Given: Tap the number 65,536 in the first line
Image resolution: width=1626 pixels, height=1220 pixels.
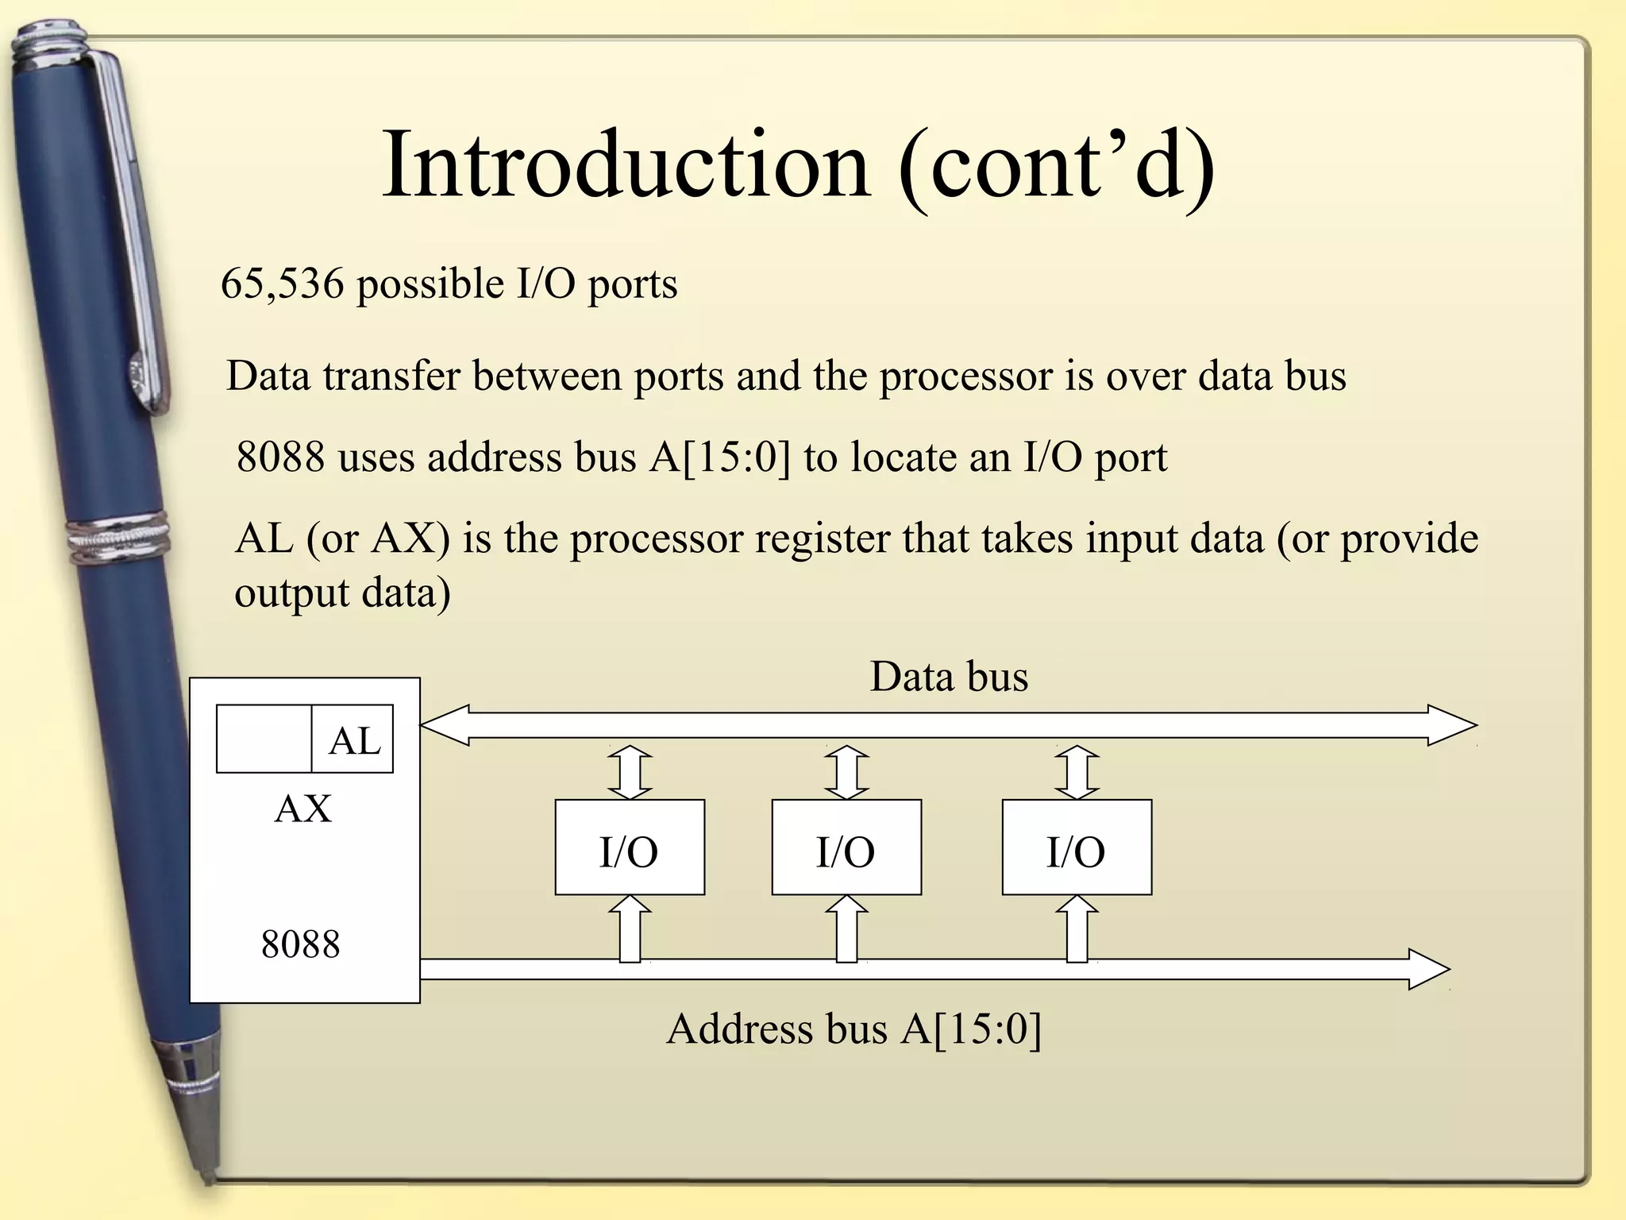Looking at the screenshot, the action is [x=282, y=284].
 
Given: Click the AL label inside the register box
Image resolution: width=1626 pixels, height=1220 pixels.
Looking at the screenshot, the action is [x=354, y=740].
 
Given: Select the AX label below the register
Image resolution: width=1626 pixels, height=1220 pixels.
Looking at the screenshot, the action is [x=302, y=809].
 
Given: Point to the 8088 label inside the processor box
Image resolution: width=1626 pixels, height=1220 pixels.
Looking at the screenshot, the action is [x=300, y=944].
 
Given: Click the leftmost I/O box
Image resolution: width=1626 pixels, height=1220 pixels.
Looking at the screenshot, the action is [x=629, y=848].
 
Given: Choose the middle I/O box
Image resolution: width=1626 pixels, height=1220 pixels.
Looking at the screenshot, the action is [x=846, y=848].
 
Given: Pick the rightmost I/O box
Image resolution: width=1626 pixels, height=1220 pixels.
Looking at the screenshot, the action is [x=1076, y=848].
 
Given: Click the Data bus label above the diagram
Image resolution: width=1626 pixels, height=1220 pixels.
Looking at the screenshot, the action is [x=949, y=677].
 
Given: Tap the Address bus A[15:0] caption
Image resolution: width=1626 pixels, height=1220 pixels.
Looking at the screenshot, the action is [x=853, y=1029].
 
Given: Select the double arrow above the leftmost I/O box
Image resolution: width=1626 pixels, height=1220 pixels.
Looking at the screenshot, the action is [x=630, y=772].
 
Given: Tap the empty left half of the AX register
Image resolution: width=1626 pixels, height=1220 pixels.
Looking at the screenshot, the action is [x=264, y=739].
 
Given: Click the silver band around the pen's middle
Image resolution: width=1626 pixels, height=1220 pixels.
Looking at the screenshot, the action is [x=119, y=540].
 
